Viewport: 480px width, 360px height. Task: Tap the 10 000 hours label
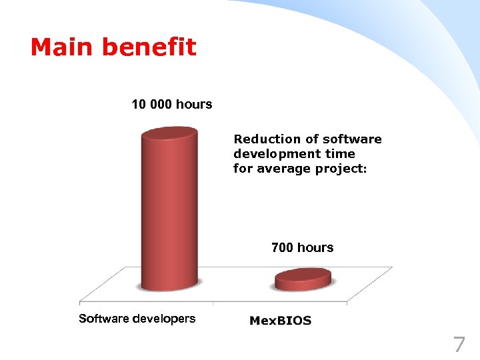coord(171,104)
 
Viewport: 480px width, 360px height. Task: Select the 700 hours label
coord(302,247)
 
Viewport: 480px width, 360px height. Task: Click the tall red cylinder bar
coord(169,213)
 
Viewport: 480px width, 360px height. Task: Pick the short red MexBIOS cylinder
coord(303,279)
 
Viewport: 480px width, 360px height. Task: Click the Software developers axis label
coord(137,318)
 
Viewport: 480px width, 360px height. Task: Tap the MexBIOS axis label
coord(280,321)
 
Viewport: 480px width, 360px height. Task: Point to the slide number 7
coord(459,345)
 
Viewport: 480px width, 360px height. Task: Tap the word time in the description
coord(340,154)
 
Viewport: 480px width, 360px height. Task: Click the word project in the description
coord(340,169)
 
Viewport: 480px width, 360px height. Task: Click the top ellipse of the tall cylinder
coord(169,133)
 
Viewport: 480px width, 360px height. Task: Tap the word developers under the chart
coord(164,318)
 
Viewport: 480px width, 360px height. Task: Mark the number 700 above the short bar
coord(283,247)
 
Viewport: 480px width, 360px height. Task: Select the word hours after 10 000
coord(194,104)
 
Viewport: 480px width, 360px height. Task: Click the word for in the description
coord(242,169)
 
